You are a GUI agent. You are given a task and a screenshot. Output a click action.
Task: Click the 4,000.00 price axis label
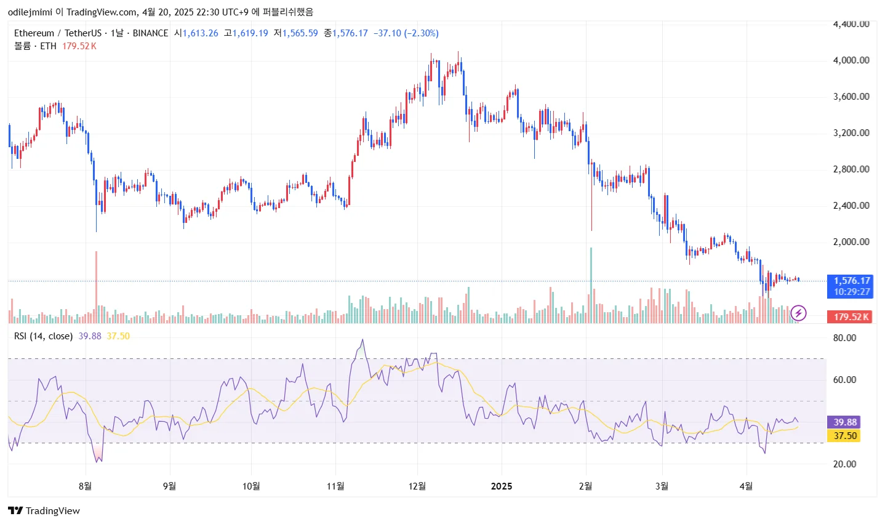click(851, 60)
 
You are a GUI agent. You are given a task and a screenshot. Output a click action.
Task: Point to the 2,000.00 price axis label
click(851, 242)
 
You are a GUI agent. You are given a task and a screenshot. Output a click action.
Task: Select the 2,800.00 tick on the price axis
click(851, 169)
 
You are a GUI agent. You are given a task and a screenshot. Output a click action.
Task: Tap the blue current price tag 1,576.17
click(852, 281)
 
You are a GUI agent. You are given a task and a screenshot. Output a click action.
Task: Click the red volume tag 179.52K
click(851, 317)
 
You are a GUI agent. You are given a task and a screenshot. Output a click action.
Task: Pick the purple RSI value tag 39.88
click(845, 422)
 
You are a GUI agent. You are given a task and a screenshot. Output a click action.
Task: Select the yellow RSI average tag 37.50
click(845, 436)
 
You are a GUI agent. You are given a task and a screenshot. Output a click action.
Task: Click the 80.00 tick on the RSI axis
click(844, 338)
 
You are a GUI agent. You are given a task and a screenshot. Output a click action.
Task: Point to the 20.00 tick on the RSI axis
click(844, 464)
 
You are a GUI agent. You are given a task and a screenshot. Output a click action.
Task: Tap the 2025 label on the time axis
click(502, 486)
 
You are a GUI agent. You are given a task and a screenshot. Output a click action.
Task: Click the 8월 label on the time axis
click(86, 486)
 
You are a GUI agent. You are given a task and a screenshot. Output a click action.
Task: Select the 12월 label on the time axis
click(417, 486)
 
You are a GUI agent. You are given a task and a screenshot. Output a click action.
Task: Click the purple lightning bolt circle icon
click(798, 313)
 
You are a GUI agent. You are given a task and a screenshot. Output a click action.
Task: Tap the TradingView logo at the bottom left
click(44, 511)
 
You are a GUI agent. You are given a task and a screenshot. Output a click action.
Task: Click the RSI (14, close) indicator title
click(43, 336)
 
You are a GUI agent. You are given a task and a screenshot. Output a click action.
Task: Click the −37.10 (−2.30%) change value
click(406, 33)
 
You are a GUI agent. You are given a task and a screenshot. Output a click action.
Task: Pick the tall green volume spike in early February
click(591, 283)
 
